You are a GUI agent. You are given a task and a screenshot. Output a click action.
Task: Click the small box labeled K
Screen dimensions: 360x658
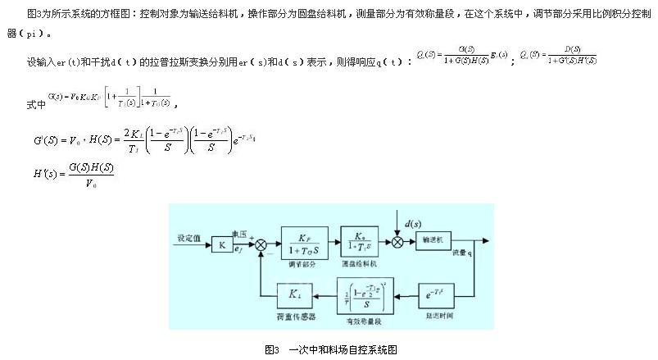(x=222, y=244)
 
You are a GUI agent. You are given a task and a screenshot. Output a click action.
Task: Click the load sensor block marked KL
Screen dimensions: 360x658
(x=293, y=293)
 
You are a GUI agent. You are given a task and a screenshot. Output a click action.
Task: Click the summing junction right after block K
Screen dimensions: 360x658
(x=261, y=244)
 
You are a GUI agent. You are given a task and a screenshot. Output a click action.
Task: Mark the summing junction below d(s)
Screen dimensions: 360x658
(x=398, y=242)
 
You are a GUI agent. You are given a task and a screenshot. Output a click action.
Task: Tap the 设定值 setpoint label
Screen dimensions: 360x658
(x=189, y=238)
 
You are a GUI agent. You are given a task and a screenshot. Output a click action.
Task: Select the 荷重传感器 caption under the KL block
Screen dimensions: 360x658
(x=293, y=316)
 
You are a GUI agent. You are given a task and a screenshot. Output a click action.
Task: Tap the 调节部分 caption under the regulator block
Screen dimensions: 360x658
(x=303, y=264)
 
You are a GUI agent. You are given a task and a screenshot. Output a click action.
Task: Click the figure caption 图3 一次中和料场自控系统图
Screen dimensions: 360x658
(x=330, y=349)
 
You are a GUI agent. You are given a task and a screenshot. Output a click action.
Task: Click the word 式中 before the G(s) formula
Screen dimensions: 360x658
(x=35, y=106)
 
